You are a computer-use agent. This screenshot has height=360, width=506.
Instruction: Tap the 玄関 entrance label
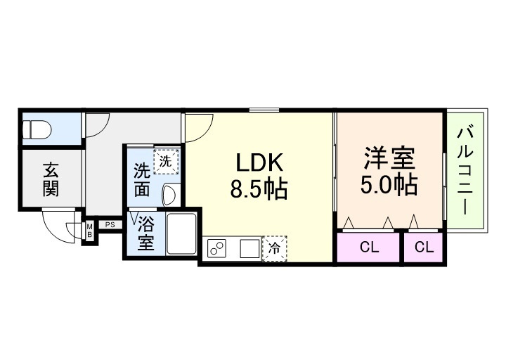(x=50, y=179)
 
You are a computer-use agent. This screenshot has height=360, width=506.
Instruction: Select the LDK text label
(x=259, y=163)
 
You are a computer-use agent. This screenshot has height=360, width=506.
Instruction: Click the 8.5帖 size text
(x=259, y=188)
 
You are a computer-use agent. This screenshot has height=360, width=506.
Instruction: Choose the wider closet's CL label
(x=368, y=247)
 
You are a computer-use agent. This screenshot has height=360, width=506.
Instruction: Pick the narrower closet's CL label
(x=423, y=247)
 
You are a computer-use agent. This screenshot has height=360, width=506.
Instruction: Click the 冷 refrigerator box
(x=274, y=248)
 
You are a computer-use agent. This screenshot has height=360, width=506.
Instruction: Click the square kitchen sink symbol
(x=249, y=249)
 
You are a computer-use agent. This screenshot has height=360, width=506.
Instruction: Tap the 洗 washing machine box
(x=166, y=161)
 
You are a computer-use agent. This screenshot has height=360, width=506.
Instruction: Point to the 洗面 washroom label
(x=142, y=179)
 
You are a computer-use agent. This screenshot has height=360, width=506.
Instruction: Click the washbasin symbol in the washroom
(x=169, y=193)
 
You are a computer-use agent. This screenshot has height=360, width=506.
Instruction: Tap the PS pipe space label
(x=110, y=224)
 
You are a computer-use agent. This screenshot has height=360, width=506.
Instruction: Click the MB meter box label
(x=90, y=230)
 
